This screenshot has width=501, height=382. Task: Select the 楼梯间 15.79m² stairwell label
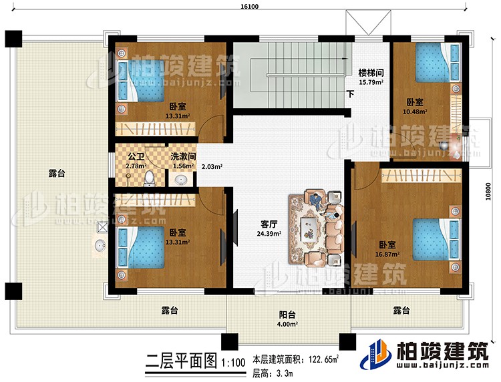[x=370, y=77]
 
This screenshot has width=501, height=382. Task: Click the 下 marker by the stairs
[x=349, y=94]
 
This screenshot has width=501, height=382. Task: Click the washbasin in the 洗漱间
[x=179, y=180]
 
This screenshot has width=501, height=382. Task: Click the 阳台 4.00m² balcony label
[x=288, y=313]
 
